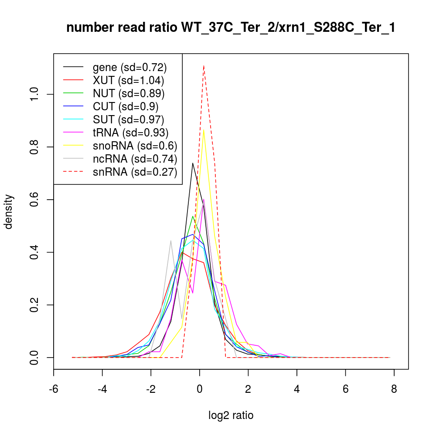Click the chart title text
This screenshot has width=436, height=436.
coord(231,28)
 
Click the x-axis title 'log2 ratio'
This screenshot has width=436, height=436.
coord(231,416)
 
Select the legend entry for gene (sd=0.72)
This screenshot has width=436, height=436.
coord(129,68)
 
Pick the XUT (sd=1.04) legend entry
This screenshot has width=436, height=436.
coord(128,81)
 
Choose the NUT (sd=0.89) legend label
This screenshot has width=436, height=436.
coord(129,94)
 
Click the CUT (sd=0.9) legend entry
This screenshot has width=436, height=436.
coord(126,107)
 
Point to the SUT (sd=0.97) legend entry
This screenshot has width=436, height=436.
coord(129,120)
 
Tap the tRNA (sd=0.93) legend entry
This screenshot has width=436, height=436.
coord(130,133)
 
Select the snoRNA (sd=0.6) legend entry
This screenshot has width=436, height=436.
coord(135,146)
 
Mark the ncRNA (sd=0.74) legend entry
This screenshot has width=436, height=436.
coord(135,159)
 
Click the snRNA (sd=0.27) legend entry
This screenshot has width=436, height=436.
coord(135,172)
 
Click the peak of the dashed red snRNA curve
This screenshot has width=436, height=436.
coord(204,65)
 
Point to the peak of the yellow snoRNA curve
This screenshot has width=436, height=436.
coord(204,129)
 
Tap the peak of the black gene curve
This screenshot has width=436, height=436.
coord(193,163)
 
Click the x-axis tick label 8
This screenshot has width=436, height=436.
coord(394,389)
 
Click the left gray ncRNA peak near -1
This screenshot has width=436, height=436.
coord(170,240)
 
